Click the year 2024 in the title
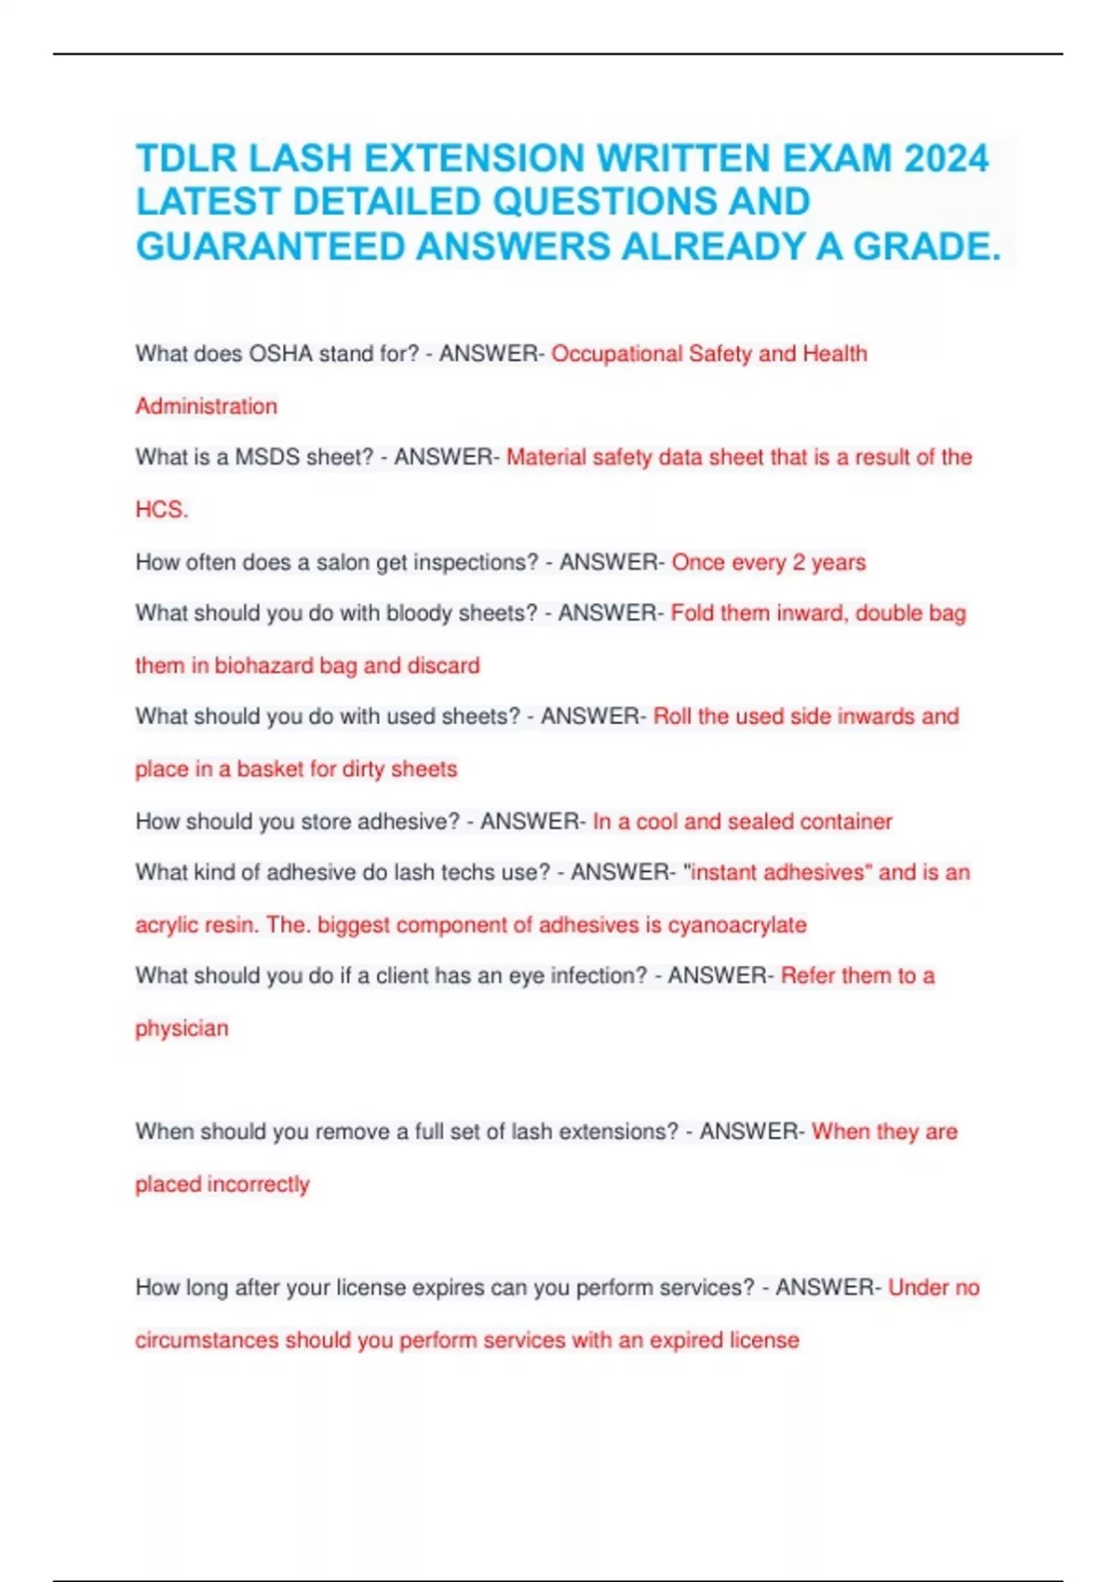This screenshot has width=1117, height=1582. click(x=946, y=158)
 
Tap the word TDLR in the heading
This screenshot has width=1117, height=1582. click(x=184, y=158)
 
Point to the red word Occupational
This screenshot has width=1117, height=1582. click(x=616, y=355)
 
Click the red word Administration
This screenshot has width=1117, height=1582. click(x=206, y=407)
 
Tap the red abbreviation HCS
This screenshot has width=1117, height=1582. click(x=161, y=510)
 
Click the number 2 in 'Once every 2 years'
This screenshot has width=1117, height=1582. click(x=798, y=562)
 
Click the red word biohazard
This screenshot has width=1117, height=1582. click(x=263, y=665)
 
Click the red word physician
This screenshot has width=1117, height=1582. click(x=182, y=1028)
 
